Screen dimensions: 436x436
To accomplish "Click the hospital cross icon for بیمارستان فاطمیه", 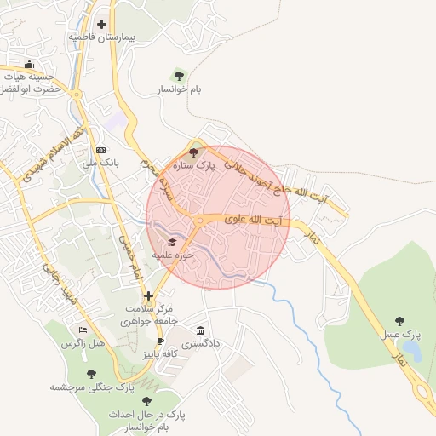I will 102,24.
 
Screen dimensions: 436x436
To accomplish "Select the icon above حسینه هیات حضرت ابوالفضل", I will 30,65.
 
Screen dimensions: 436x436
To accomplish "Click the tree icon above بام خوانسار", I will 178,75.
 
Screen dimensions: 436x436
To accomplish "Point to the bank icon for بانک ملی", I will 100,149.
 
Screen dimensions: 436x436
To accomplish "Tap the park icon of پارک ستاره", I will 194,153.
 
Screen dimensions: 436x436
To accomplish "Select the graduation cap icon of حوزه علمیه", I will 161,242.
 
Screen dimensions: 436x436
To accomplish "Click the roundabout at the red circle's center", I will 199,221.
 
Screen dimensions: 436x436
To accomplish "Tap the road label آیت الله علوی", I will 252,221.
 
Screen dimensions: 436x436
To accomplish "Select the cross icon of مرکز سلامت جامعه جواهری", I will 149,296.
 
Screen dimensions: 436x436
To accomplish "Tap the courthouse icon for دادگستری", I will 201,330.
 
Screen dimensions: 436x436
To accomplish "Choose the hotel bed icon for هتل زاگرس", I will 83,330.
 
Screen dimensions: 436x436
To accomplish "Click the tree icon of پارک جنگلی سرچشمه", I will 91,374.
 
